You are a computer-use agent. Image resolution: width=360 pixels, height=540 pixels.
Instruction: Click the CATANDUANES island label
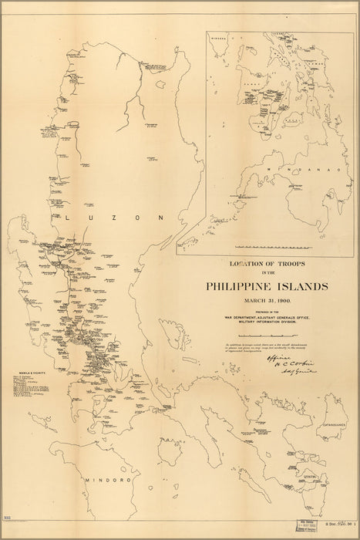[x=337, y=423]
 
